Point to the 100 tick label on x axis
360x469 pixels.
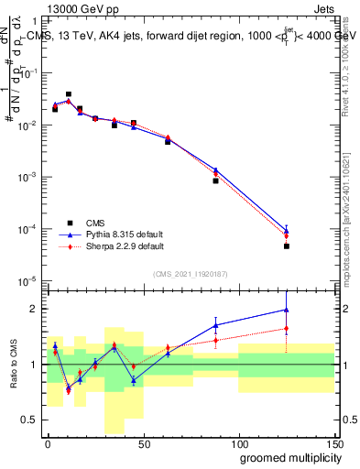click(x=238, y=442)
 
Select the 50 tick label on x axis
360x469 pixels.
click(x=143, y=442)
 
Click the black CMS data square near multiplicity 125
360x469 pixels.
click(x=287, y=246)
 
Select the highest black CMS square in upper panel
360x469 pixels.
click(x=69, y=93)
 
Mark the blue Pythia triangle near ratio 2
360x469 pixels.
click(x=287, y=310)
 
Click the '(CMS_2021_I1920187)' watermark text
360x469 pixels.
click(x=190, y=274)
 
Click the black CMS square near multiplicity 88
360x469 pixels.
click(x=215, y=180)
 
